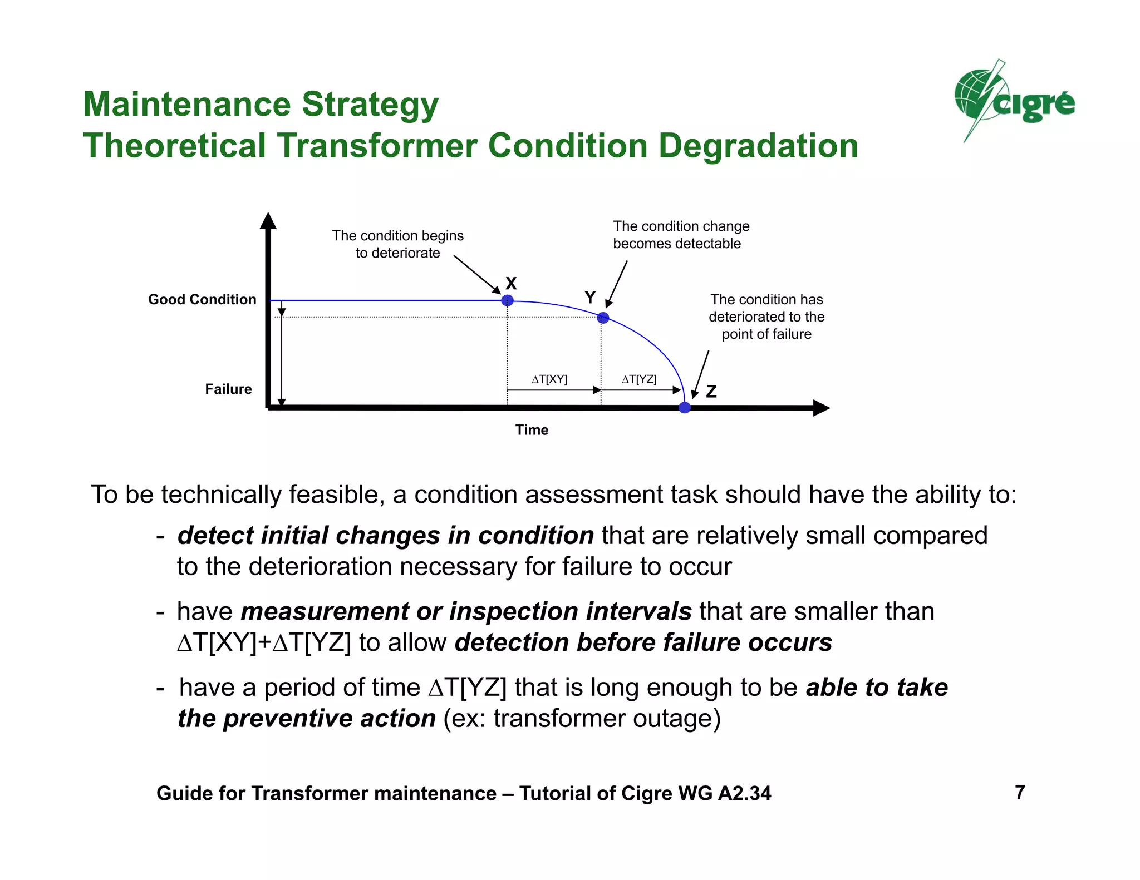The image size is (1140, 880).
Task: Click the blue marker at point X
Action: [x=507, y=300]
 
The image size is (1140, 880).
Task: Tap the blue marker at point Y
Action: [x=603, y=318]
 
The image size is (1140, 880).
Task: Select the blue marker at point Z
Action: [x=685, y=408]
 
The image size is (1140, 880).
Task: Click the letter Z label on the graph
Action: [x=711, y=392]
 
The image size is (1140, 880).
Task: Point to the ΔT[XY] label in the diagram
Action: [x=549, y=379]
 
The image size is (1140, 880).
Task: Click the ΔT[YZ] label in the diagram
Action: [x=639, y=379]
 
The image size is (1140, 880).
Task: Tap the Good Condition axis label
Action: [x=202, y=299]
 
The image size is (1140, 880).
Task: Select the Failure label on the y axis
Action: [x=228, y=389]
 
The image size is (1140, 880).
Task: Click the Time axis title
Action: [x=532, y=430]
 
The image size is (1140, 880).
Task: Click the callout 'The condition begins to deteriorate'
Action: [x=397, y=244]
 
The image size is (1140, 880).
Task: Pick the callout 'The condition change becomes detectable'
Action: [x=681, y=235]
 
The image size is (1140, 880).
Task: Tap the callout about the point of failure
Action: [x=766, y=317]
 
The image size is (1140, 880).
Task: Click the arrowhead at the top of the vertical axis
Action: [x=268, y=220]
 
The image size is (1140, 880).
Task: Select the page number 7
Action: [x=1020, y=792]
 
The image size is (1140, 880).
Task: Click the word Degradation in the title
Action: [x=758, y=146]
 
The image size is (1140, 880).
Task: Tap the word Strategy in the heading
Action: [x=370, y=105]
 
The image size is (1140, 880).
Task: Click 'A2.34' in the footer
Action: [x=744, y=793]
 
